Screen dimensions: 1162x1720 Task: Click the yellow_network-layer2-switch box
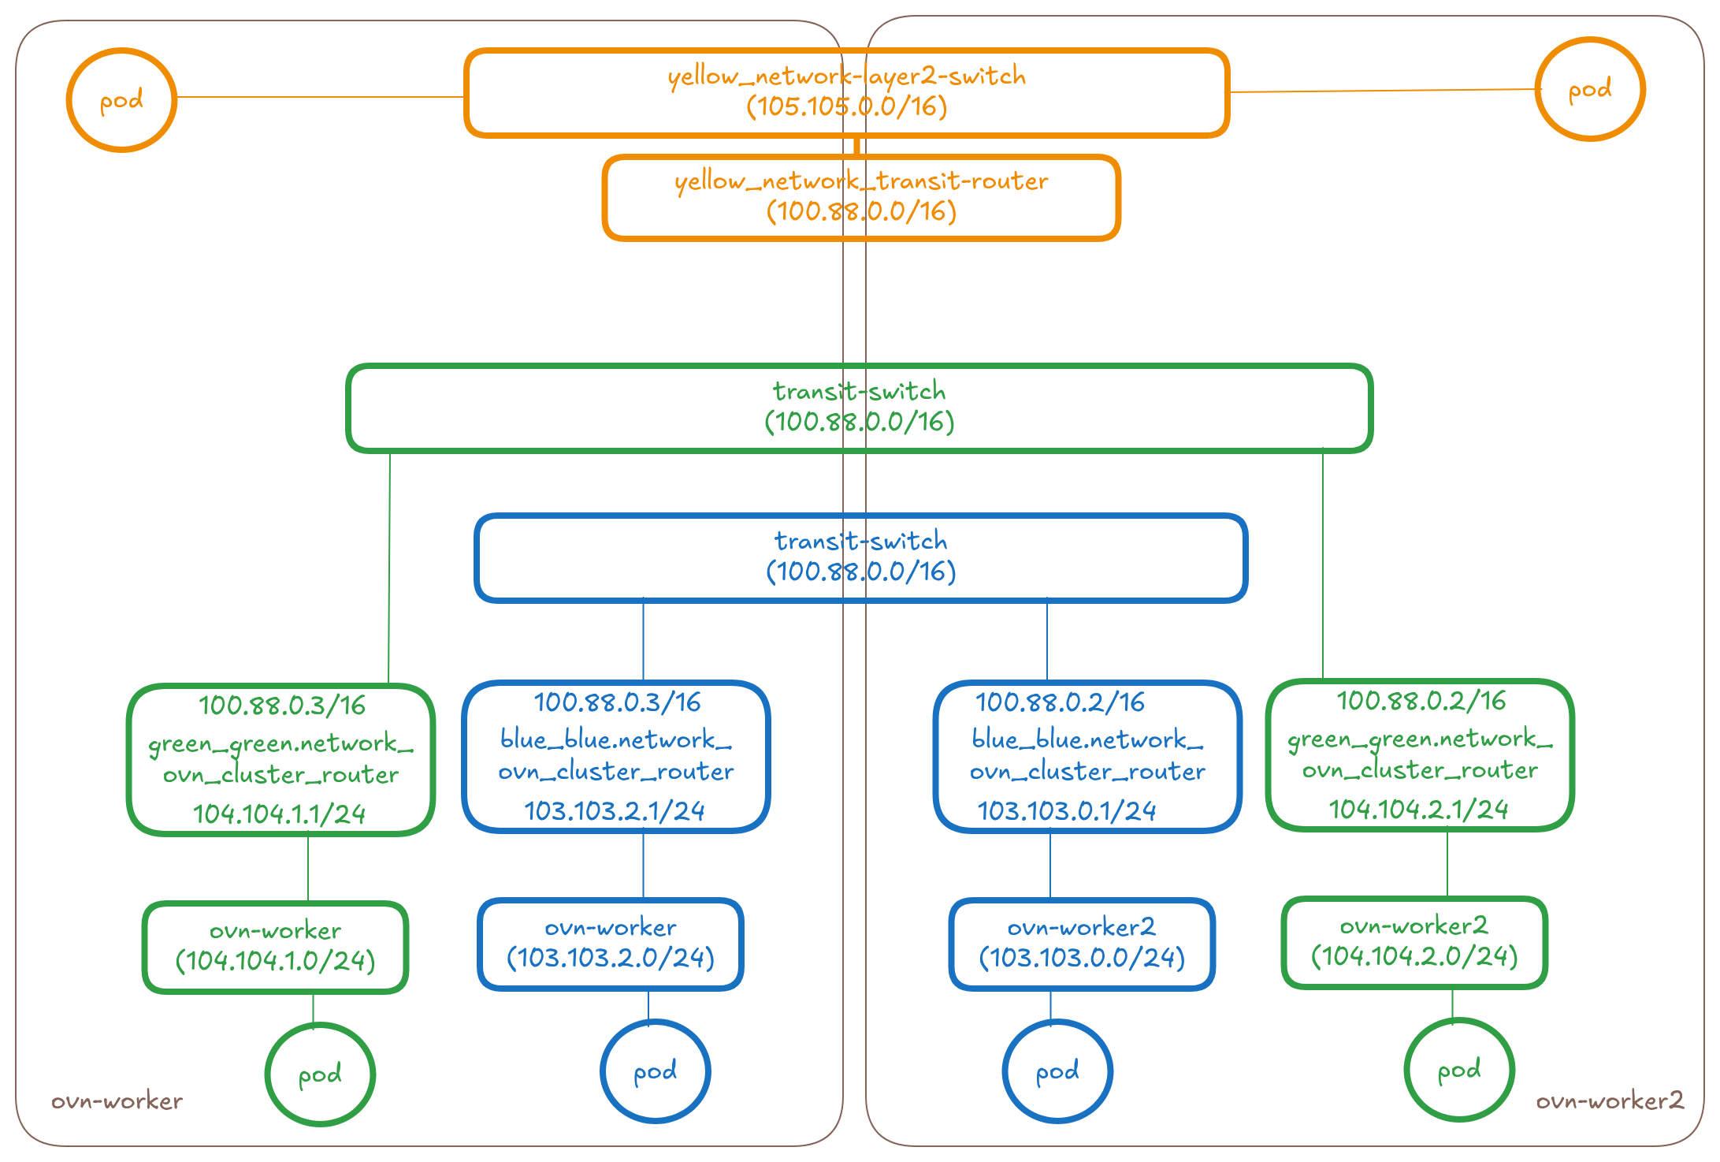point(846,92)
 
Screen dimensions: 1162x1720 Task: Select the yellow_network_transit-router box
point(861,196)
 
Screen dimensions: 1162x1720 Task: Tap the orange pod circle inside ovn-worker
point(121,100)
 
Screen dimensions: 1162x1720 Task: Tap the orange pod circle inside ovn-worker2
point(1589,90)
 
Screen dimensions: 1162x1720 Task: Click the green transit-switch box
point(859,408)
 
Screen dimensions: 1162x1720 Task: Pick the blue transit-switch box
point(860,557)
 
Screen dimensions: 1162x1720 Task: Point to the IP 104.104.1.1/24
point(280,814)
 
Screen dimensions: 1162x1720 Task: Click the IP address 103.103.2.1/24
point(615,811)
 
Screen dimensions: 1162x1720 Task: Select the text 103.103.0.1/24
point(1067,811)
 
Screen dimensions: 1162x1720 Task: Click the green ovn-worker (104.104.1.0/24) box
point(276,947)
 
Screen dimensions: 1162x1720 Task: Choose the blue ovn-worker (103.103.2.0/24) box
point(611,944)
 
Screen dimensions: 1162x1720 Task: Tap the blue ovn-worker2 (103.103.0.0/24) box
point(1082,944)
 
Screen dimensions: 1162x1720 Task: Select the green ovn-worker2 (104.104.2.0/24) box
point(1414,942)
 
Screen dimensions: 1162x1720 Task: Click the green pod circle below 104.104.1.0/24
point(320,1074)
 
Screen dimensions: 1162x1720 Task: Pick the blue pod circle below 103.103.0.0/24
point(1057,1071)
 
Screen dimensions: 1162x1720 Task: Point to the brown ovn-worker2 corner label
point(1610,1101)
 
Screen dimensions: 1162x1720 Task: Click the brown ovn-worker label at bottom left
point(117,1101)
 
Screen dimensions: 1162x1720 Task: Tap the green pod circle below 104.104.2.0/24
point(1459,1070)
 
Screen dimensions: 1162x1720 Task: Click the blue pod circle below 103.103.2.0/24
point(656,1071)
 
